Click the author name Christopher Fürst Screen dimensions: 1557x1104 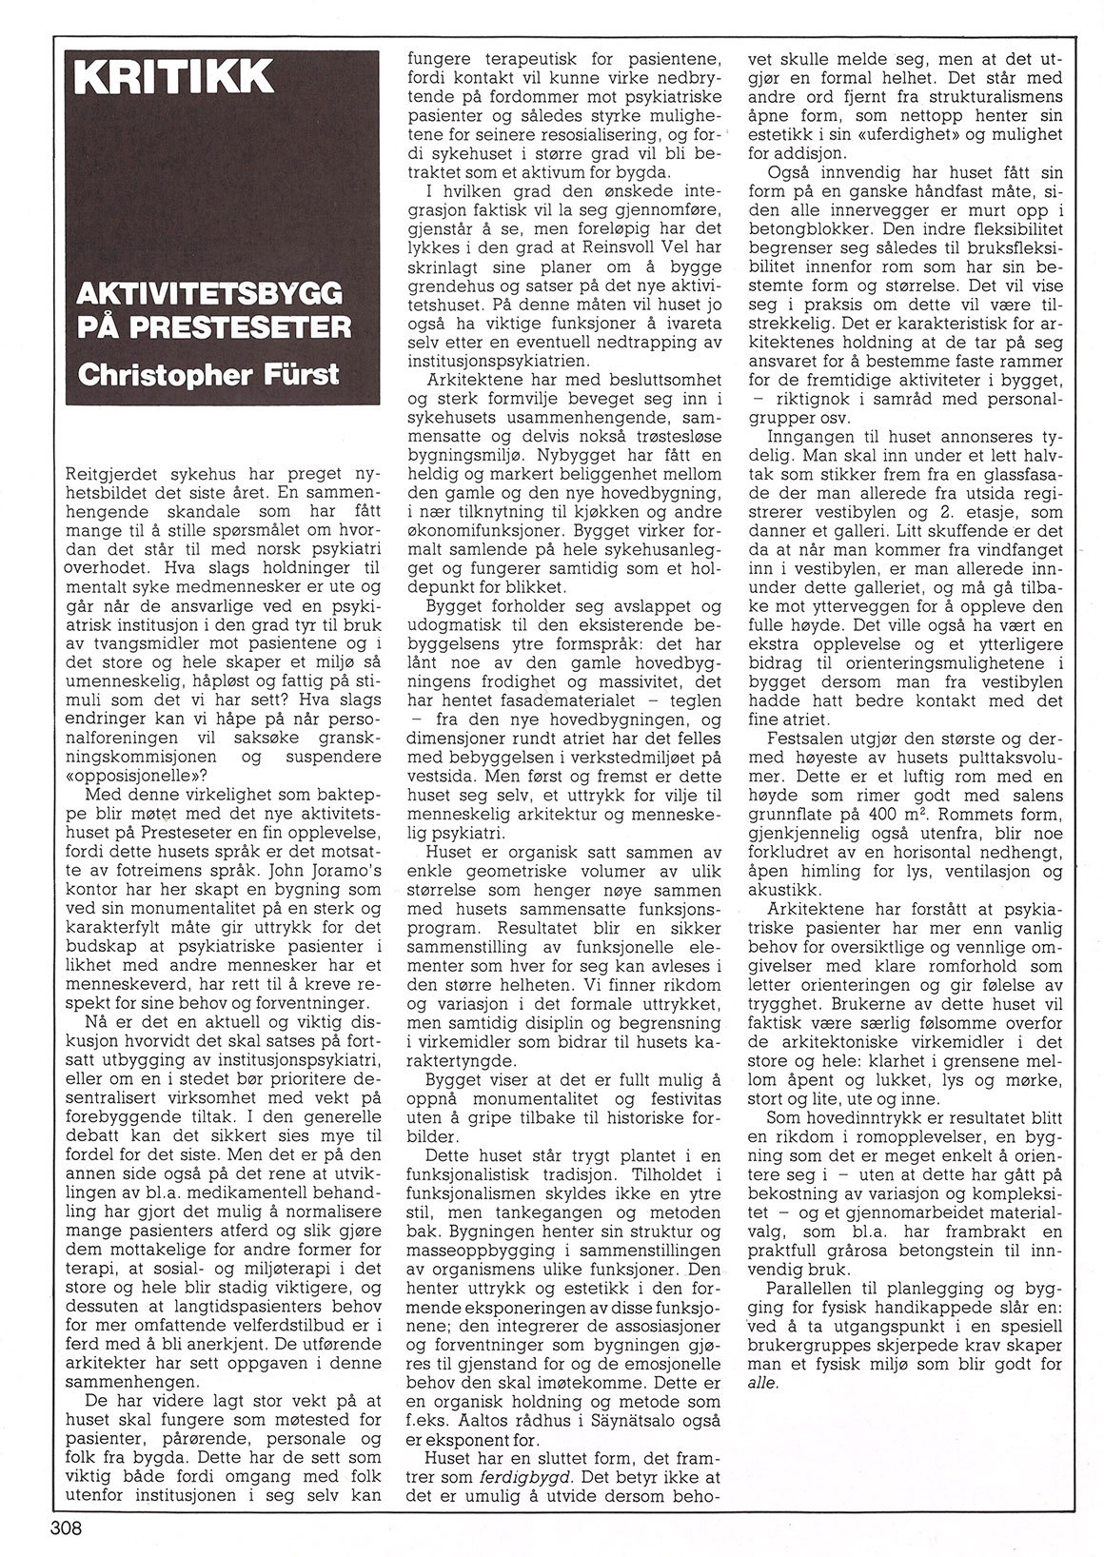(208, 372)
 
